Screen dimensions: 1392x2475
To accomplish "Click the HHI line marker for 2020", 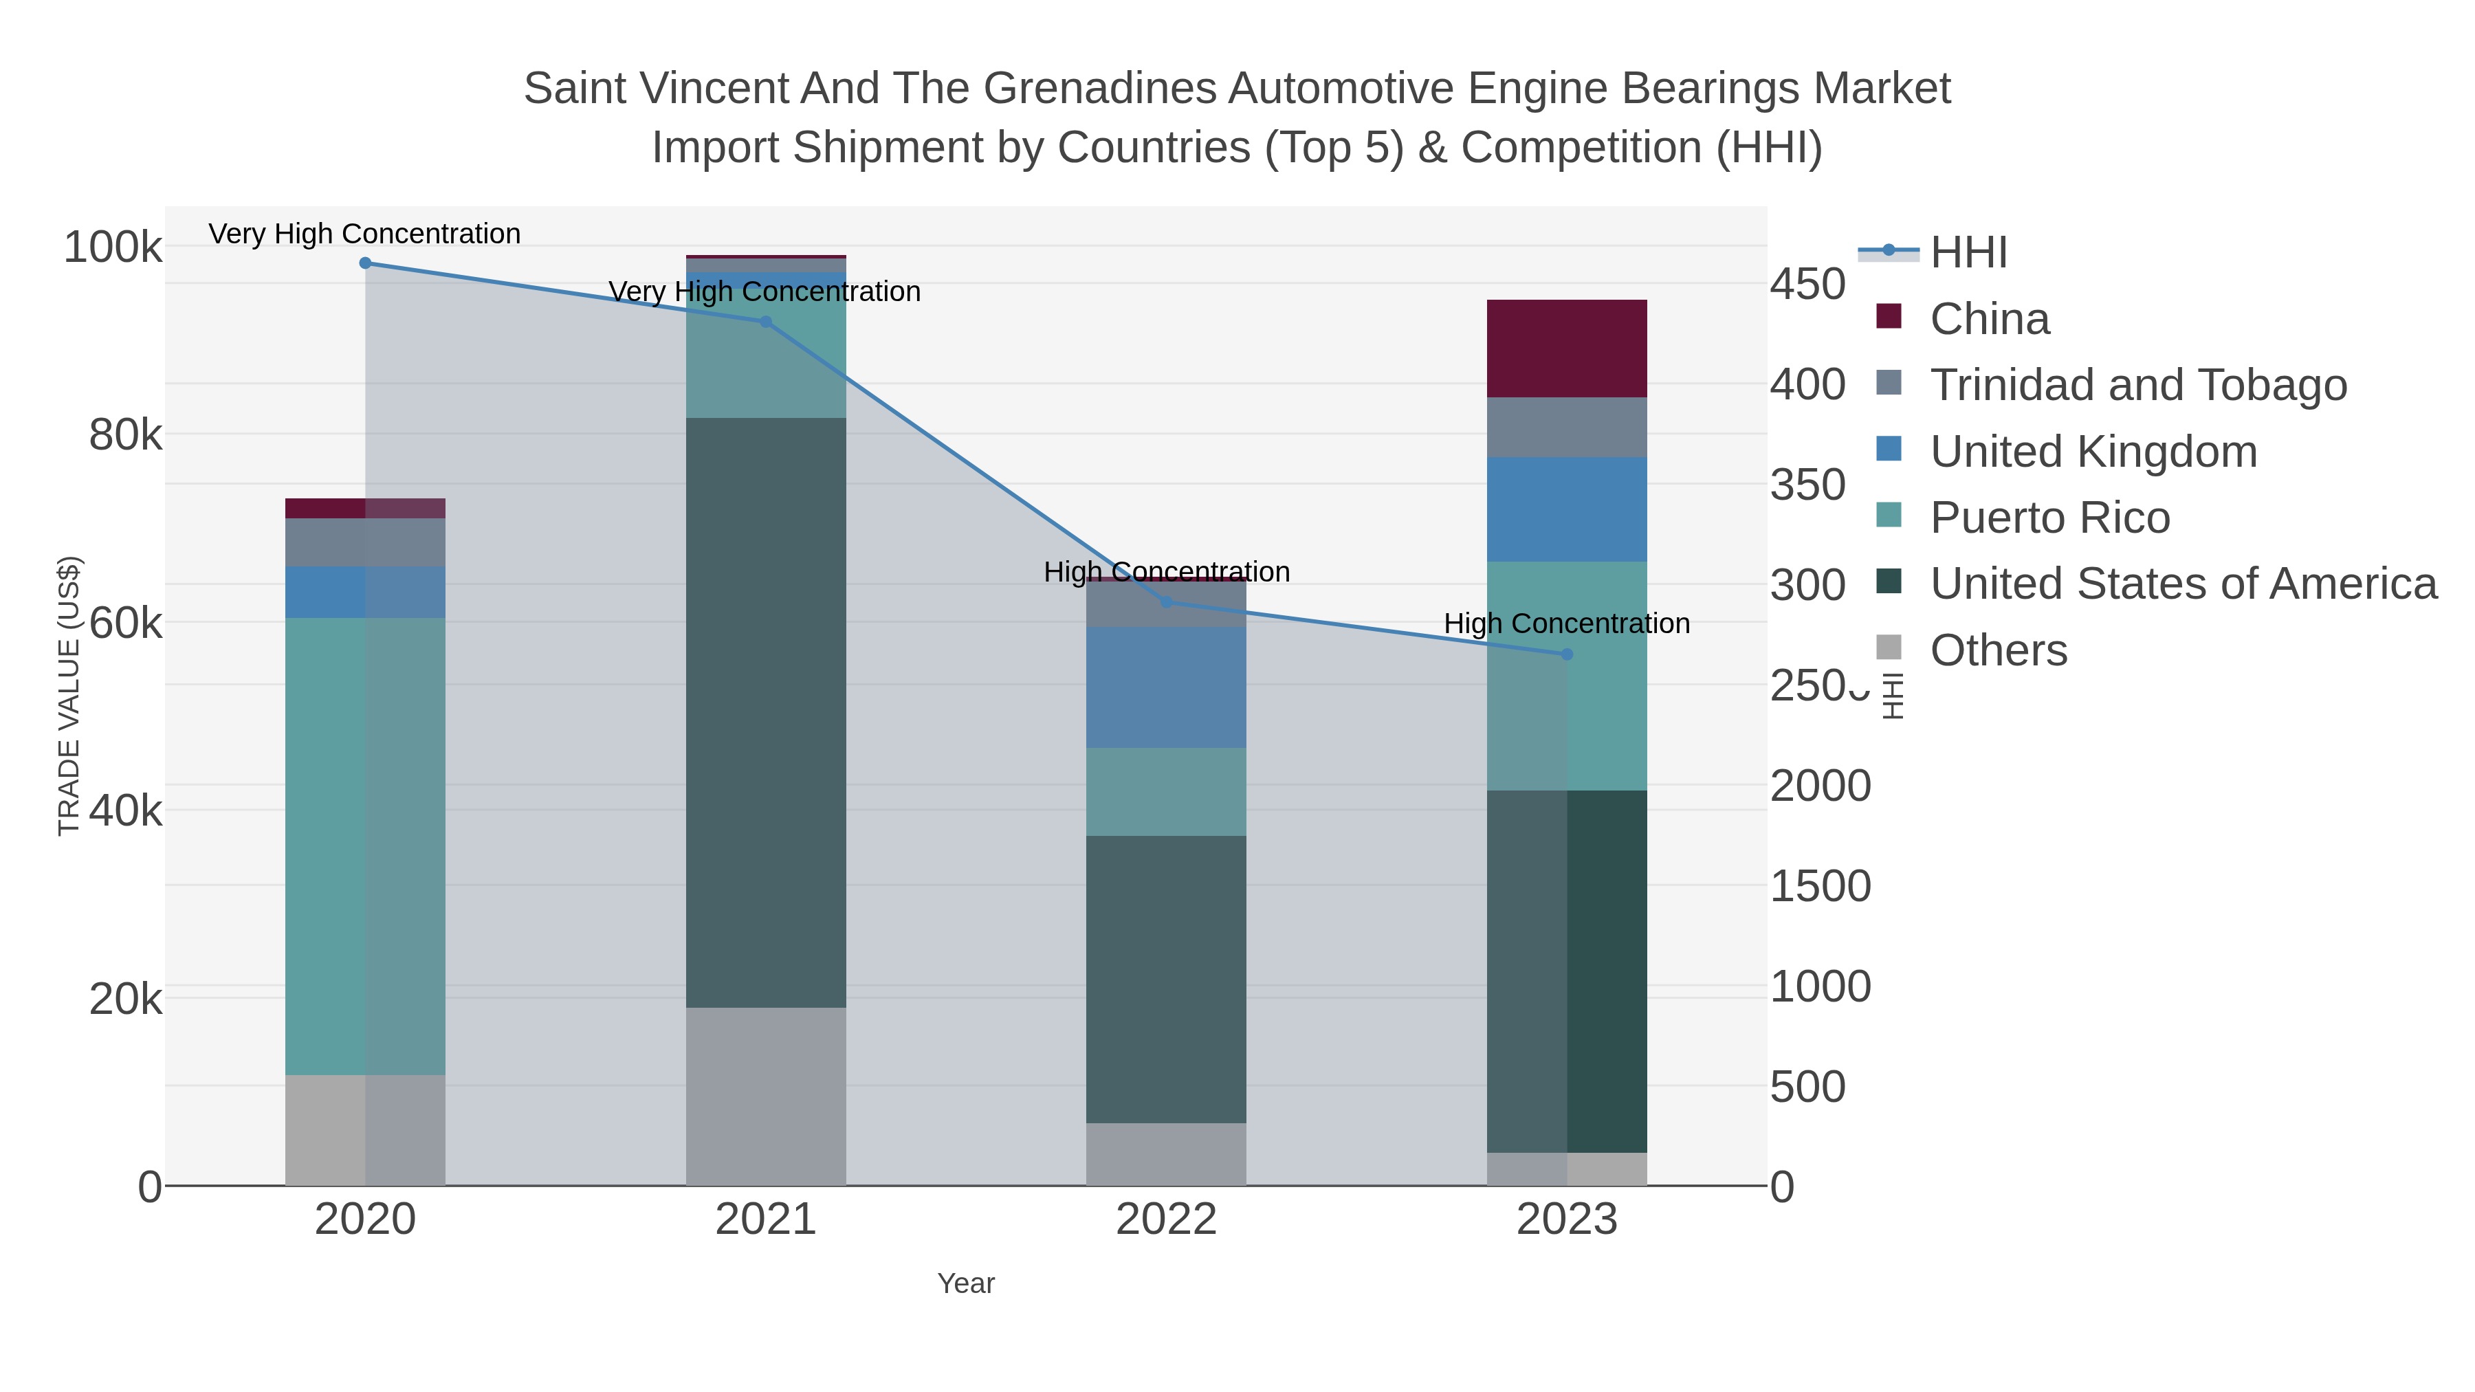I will pos(365,263).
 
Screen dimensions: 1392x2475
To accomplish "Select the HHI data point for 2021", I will pos(766,322).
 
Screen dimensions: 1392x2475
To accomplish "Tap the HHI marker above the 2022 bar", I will pos(1167,602).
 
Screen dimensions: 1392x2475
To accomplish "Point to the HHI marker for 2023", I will pos(1567,654).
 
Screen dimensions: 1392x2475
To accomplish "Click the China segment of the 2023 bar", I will pos(1567,349).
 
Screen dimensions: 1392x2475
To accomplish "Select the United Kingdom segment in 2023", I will pos(1567,509).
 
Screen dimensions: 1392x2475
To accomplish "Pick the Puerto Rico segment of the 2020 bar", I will pos(365,846).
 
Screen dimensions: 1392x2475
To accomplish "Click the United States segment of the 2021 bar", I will pos(766,712).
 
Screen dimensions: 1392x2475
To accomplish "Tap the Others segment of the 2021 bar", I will pos(766,1096).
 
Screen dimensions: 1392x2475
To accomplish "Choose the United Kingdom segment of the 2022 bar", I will pos(1167,687).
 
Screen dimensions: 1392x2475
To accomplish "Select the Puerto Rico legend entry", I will pos(2049,518).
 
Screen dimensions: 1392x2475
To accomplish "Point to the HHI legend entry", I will pos(1968,253).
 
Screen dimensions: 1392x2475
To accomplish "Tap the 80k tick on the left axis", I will pos(125,435).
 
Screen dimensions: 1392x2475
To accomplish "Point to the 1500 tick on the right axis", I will pos(1820,886).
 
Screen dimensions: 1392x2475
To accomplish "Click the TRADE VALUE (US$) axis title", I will pos(69,696).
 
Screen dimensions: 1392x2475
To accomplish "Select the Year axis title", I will pos(966,1283).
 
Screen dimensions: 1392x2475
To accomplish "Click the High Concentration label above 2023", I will pos(1567,623).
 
